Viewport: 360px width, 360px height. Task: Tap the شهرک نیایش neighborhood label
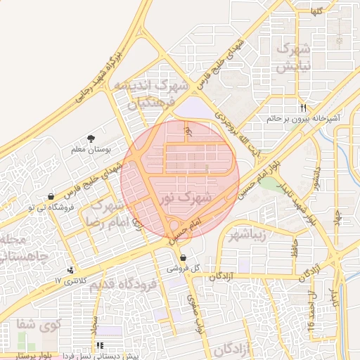click(294, 58)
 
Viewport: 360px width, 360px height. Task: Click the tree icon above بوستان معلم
click(90, 139)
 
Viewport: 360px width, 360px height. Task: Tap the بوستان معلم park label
click(88, 150)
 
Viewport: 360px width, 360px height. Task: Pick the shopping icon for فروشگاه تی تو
click(51, 197)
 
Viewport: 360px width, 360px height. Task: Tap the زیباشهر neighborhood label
click(247, 234)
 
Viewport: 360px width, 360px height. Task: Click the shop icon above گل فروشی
click(183, 258)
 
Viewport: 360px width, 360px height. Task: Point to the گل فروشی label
click(182, 269)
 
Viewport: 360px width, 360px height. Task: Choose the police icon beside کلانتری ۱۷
click(70, 269)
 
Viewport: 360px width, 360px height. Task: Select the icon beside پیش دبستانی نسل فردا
click(101, 345)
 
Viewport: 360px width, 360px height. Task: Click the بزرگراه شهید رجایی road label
click(101, 77)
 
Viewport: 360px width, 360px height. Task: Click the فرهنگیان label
click(150, 104)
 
